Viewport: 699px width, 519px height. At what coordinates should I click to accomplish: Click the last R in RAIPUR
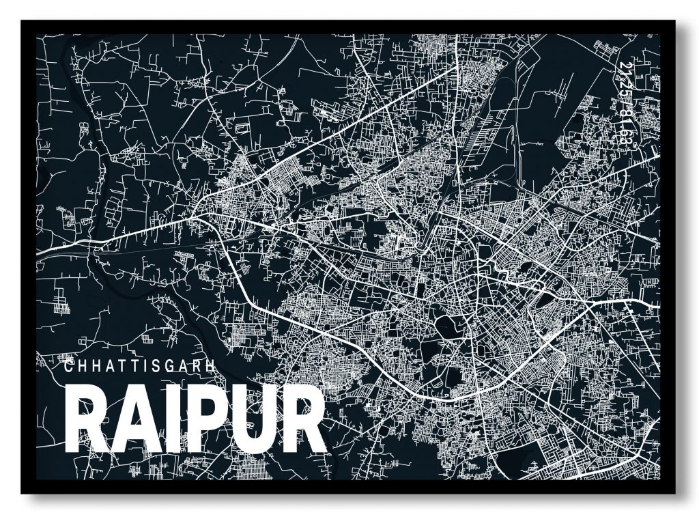click(x=300, y=419)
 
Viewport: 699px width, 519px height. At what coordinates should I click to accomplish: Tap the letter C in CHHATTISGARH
click(x=68, y=365)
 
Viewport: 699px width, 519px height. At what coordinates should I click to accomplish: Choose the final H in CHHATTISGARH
click(x=210, y=365)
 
